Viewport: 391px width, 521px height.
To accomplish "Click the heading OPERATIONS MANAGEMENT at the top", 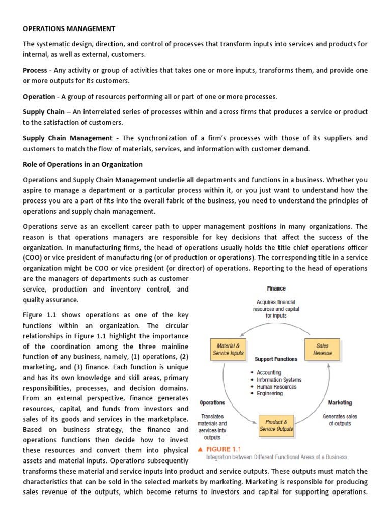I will click(69, 28).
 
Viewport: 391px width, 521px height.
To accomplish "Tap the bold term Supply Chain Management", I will click(68, 138).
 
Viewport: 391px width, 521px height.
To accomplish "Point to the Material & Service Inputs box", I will click(228, 350).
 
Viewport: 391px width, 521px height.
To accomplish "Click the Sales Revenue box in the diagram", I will click(323, 349).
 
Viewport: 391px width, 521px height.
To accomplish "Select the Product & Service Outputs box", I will click(276, 425).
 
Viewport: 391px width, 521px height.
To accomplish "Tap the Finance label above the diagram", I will click(276, 288).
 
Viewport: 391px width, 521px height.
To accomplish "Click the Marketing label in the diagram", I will click(340, 402).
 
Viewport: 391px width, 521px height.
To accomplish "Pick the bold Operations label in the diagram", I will click(212, 402).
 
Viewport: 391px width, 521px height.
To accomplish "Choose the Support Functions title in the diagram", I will click(276, 359).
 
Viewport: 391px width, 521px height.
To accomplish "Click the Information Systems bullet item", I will click(279, 380).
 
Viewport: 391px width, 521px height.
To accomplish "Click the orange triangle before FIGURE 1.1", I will click(200, 449).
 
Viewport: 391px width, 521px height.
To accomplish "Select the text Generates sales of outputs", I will click(340, 420).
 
